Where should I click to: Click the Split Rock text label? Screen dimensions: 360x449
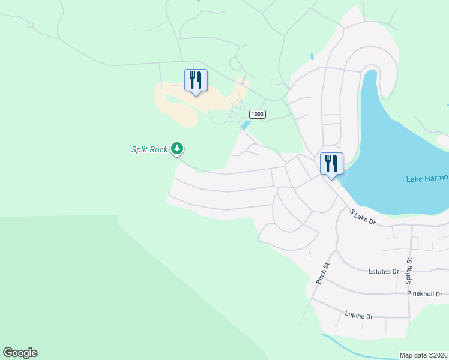pos(149,149)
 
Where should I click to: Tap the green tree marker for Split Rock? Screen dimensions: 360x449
pos(177,148)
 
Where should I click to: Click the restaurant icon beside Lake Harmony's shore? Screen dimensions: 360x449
pos(331,163)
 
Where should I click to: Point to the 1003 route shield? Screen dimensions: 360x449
pos(257,114)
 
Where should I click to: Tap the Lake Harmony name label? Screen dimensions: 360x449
pos(427,179)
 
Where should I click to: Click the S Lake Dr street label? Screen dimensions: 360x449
pos(363,217)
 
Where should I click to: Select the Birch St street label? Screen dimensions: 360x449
pos(322,273)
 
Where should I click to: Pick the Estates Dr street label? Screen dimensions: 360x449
pos(384,271)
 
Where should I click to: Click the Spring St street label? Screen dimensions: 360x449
pos(409,271)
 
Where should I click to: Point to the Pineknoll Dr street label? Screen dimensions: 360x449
pos(424,294)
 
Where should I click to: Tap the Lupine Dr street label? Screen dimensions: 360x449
pos(359,316)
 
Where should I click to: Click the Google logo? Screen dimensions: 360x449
pos(20,353)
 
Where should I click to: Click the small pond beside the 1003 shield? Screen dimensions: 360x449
pos(246,125)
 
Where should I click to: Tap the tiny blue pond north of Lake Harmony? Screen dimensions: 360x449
pos(312,57)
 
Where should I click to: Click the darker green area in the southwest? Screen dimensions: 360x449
pos(90,288)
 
